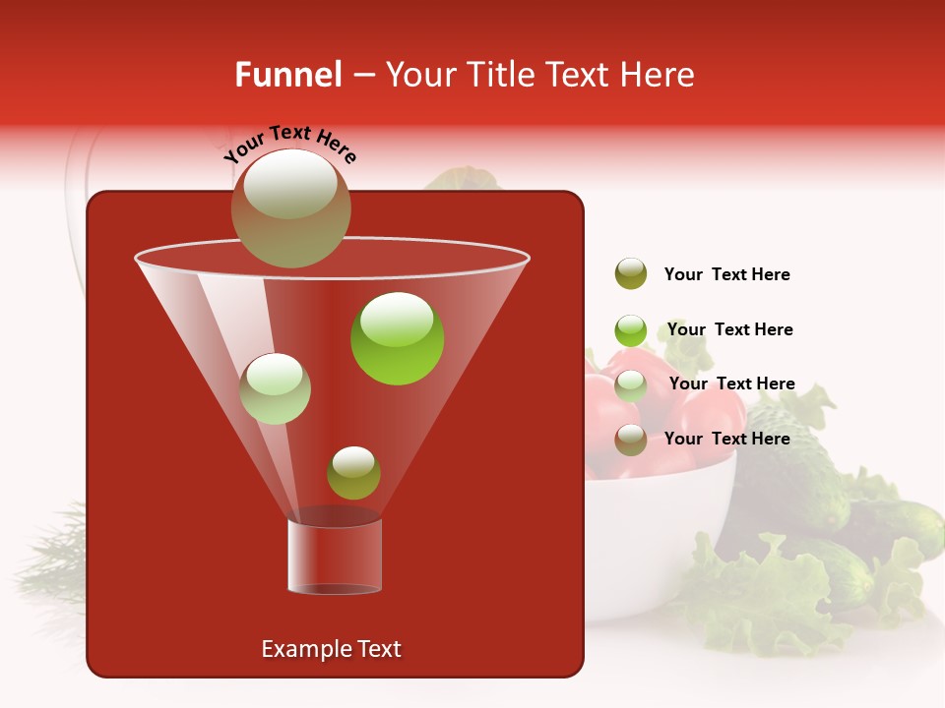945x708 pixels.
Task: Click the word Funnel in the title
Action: pos(287,75)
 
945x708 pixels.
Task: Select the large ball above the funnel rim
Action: pos(290,207)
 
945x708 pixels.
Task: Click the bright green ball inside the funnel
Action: pos(397,338)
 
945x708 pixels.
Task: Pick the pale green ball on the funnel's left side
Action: pos(275,388)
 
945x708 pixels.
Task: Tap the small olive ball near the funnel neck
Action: pos(353,473)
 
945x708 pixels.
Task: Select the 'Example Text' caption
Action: pos(331,649)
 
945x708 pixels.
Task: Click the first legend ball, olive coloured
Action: pos(631,274)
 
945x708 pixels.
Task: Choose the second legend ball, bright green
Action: pos(631,329)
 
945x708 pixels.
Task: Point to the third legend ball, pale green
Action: pos(631,384)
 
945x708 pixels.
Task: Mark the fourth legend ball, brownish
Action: pos(631,440)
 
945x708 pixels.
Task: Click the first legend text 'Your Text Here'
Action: pos(726,275)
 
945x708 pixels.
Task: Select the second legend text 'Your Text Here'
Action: pos(729,329)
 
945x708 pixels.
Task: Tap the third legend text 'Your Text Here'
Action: pos(731,383)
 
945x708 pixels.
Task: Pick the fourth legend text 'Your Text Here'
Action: pos(726,439)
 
